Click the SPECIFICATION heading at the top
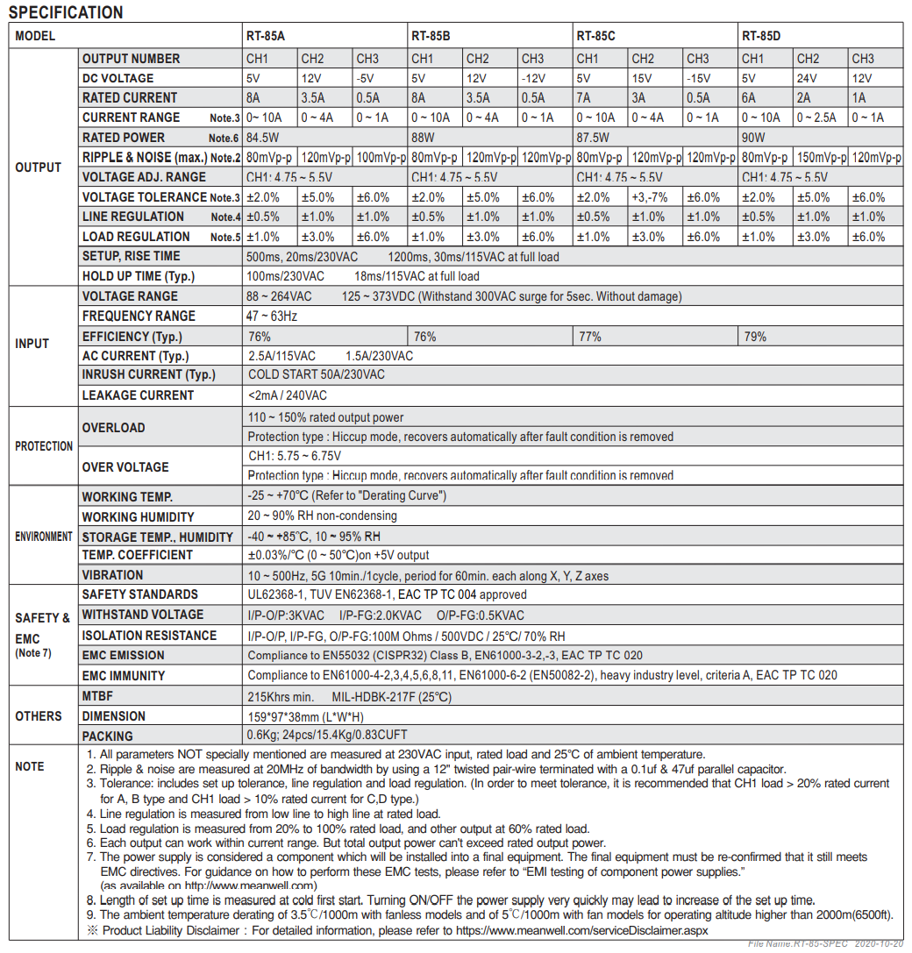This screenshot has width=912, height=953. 66,12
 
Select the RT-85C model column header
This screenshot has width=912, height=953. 595,36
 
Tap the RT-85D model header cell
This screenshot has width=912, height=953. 761,36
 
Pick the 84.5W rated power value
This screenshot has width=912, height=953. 264,138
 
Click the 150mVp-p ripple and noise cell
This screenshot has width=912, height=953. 821,158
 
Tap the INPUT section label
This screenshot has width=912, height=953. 32,344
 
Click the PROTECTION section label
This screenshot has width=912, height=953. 44,446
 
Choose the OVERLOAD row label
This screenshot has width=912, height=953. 113,428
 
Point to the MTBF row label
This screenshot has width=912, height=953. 99,696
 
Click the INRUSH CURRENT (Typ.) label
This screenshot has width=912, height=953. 148,375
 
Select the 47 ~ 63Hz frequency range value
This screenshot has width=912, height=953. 272,316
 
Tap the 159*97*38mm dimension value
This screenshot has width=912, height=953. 305,716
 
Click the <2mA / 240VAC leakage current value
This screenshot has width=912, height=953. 289,395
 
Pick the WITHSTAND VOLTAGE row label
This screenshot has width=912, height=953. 142,615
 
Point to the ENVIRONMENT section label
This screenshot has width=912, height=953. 44,536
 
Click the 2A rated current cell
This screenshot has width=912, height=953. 804,98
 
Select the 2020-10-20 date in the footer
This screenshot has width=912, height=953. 876,943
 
